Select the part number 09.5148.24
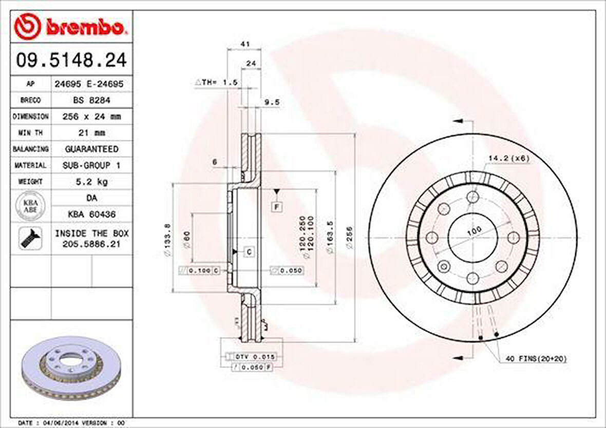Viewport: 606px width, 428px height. tap(71, 61)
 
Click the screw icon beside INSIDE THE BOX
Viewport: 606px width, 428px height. tap(30, 239)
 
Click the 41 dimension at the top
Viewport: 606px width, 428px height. tap(244, 45)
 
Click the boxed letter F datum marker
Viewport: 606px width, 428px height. tap(277, 207)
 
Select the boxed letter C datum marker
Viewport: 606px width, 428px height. tap(249, 252)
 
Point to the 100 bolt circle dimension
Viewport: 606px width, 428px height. tap(474, 230)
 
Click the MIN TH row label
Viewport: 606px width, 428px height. tap(30, 133)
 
